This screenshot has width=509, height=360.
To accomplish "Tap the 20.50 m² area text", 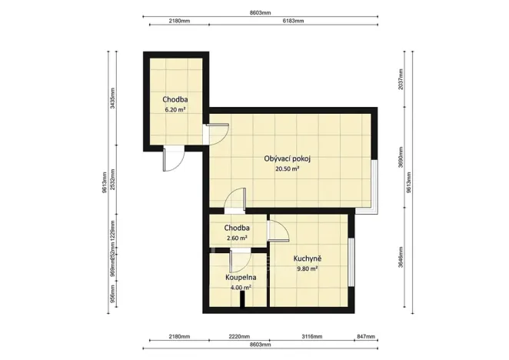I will pyautogui.click(x=287, y=169).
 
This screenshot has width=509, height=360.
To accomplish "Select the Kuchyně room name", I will pyautogui.click(x=307, y=258).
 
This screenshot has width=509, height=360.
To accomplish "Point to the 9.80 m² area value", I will pyautogui.click(x=307, y=268).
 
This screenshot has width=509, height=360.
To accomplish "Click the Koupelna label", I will pyautogui.click(x=241, y=277).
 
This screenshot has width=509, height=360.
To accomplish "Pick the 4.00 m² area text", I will pyautogui.click(x=241, y=288).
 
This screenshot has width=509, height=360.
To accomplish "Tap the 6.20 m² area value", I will pyautogui.click(x=175, y=110).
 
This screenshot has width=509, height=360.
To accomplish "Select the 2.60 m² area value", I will pyautogui.click(x=237, y=238).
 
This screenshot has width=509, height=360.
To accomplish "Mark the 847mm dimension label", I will pyautogui.click(x=365, y=337).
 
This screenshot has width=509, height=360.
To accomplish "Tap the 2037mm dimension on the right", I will pyautogui.click(x=401, y=80).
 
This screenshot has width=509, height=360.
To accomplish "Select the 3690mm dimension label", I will pyautogui.click(x=401, y=160).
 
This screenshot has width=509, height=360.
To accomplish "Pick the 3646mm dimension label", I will pyautogui.click(x=401, y=262).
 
